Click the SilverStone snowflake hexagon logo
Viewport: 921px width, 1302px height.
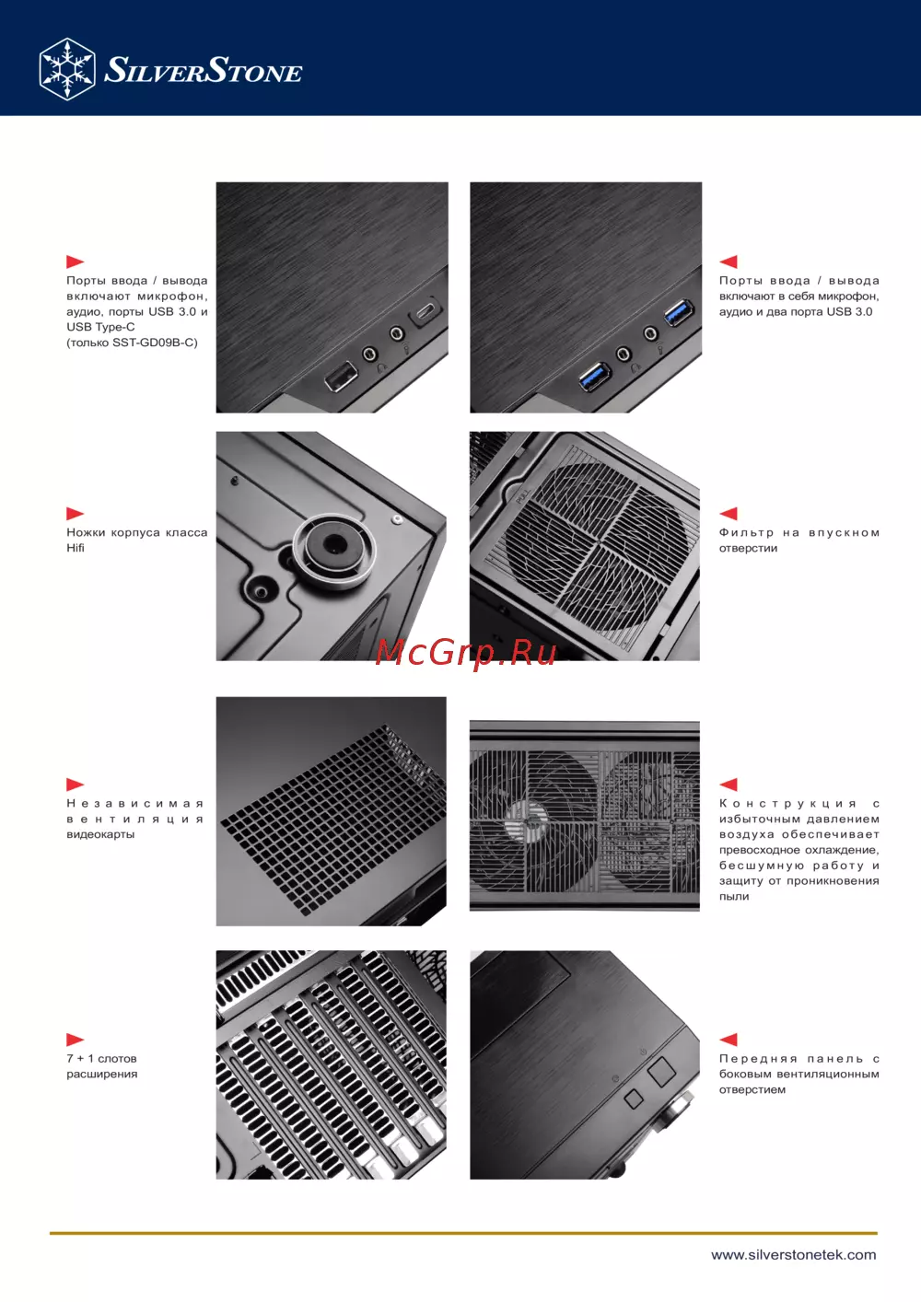(67, 69)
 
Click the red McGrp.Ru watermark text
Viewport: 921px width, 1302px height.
(466, 654)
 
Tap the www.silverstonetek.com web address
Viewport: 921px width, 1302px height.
(794, 1255)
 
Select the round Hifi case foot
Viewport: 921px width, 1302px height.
(334, 550)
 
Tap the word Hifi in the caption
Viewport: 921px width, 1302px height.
(76, 548)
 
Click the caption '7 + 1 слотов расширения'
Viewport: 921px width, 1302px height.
(101, 1066)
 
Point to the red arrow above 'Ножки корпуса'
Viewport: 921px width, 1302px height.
(75, 513)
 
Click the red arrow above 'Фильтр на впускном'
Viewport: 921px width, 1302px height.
(729, 513)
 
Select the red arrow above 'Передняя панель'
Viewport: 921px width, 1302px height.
(729, 1040)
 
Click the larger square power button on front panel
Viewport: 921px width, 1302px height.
(661, 1071)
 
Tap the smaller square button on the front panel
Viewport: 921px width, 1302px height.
(634, 1098)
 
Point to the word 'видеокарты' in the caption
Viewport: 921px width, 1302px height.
(100, 834)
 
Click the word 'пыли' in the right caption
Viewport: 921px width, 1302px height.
(734, 896)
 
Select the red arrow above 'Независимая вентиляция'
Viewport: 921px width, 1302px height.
(75, 785)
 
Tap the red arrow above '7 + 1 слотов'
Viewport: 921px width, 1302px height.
(75, 1040)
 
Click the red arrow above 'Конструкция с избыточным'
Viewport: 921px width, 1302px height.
(729, 785)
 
